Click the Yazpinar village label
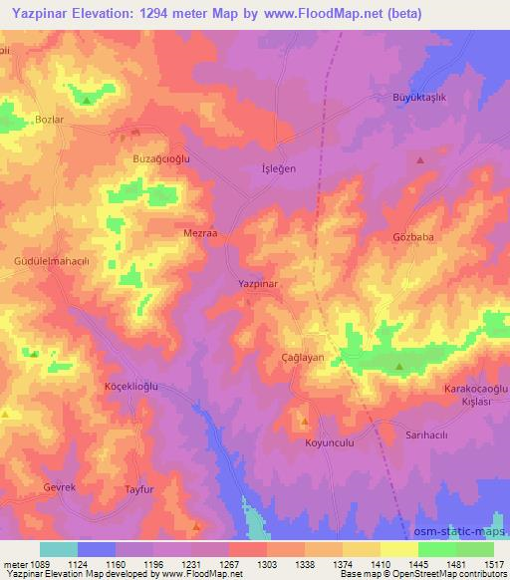[257, 284]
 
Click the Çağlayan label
[304, 357]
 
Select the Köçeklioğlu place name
[132, 386]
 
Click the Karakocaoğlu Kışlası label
[475, 393]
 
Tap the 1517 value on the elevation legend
[490, 563]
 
